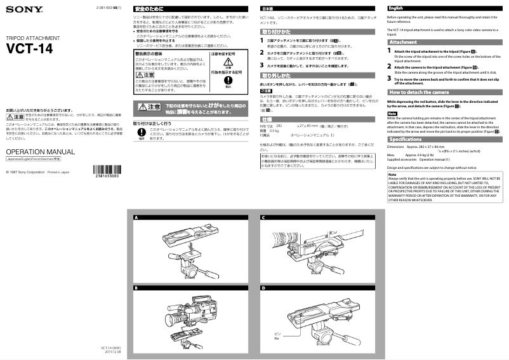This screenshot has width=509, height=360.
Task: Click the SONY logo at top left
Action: click(17, 9)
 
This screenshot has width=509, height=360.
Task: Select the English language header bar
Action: click(444, 8)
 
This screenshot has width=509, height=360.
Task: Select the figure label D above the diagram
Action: click(263, 288)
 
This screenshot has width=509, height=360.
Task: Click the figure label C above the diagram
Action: click(263, 218)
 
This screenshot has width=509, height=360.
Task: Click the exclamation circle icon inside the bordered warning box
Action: click(218, 81)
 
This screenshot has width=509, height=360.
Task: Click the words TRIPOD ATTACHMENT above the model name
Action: click(33, 38)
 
